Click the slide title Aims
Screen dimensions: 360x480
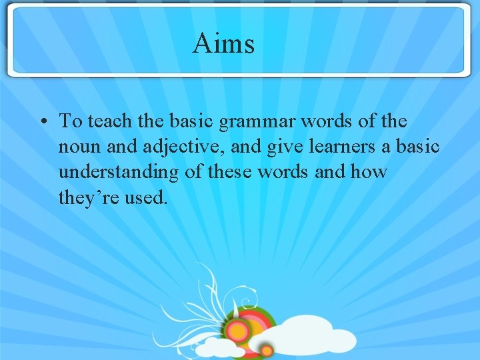pyautogui.click(x=224, y=43)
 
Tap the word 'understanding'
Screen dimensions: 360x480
pyautogui.click(x=119, y=172)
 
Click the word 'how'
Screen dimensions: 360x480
pyautogui.click(x=369, y=171)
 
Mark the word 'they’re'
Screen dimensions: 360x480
pyautogui.click(x=87, y=197)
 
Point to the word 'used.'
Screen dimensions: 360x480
pyautogui.click(x=145, y=197)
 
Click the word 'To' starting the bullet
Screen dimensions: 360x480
pyautogui.click(x=70, y=121)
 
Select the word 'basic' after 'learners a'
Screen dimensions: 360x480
pyautogui.click(x=418, y=146)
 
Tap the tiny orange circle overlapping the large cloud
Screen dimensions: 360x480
pyautogui.click(x=266, y=350)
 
